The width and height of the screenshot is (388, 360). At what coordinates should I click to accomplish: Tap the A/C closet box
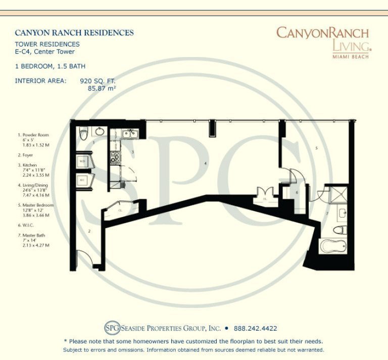82,180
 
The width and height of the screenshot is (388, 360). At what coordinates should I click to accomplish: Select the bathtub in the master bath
333,247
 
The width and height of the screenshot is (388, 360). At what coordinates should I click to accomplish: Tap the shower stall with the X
335,194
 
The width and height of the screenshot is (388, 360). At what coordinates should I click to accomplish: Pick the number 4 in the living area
205,164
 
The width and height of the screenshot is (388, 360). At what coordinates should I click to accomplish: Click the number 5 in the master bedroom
316,148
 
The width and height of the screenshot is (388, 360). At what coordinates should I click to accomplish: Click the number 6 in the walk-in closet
297,192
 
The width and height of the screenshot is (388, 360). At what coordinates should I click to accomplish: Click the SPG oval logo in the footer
112,328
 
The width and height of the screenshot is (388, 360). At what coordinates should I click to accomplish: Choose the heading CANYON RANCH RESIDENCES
74,33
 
